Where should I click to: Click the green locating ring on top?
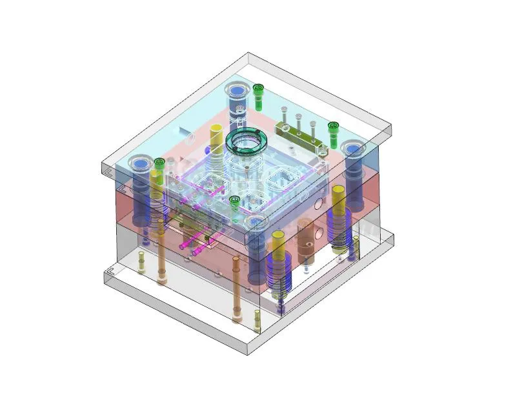point(246,143)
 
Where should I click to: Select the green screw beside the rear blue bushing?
point(259,94)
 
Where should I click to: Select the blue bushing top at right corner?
point(353,150)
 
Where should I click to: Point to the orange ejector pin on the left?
point(161,252)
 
